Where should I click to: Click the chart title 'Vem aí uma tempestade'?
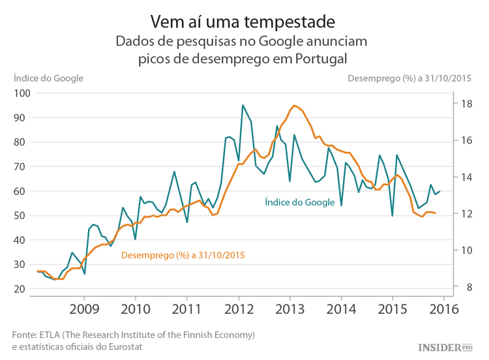tap(243, 21)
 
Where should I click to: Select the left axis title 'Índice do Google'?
tap(48, 78)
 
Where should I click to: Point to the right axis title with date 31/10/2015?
tap(409, 78)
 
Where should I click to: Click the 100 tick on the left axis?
tap(22, 93)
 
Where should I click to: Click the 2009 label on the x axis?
tap(84, 308)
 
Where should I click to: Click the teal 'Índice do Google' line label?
tap(299, 203)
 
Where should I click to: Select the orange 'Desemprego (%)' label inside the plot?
tap(183, 255)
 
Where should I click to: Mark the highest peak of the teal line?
tap(243, 105)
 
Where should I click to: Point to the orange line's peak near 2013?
tap(295, 105)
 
